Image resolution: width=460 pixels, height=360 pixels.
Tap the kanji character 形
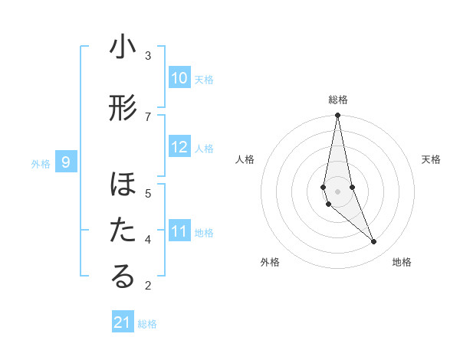(123, 110)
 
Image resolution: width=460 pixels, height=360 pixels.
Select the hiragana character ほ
(123, 186)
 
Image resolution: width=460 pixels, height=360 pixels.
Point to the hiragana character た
(123, 231)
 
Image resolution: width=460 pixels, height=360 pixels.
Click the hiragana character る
(123, 277)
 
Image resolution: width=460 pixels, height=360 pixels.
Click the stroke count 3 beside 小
(148, 55)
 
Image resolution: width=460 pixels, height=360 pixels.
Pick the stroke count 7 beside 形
(148, 116)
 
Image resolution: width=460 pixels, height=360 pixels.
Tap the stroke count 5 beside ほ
(148, 193)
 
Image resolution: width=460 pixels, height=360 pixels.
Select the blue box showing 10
(179, 78)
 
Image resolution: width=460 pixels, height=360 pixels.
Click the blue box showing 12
(179, 148)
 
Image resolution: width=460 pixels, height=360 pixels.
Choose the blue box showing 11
(179, 231)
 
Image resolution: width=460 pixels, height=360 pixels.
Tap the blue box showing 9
(67, 162)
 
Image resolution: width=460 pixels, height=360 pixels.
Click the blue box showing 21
(123, 322)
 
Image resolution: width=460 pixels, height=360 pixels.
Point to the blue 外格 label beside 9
(41, 163)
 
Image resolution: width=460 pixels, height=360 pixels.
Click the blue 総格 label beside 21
(148, 324)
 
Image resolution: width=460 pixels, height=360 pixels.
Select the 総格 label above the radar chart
(337, 100)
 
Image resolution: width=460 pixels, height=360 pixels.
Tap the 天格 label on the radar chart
(431, 159)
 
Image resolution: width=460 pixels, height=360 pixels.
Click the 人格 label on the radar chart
(245, 159)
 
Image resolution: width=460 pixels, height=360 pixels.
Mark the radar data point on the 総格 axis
(337, 116)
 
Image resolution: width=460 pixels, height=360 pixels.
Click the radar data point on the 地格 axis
(373, 241)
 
